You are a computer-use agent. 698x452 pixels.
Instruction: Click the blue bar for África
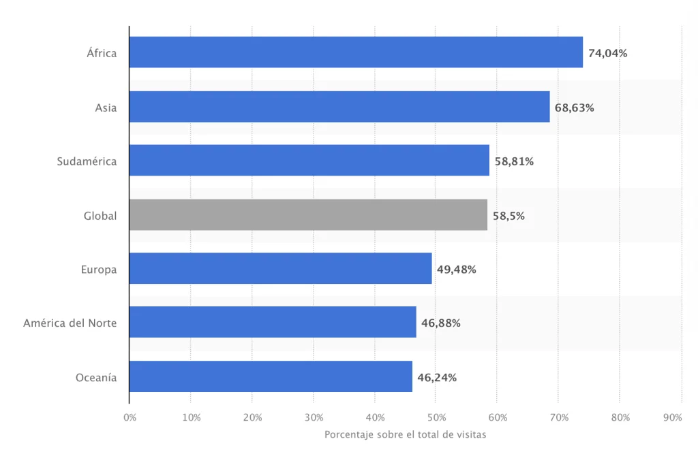356,52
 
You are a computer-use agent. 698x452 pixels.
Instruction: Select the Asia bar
339,107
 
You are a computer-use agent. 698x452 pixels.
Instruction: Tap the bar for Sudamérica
309,160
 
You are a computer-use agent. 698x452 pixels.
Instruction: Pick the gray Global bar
309,214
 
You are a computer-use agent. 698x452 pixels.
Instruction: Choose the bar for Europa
280,268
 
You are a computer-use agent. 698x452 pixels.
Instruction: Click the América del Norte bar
273,322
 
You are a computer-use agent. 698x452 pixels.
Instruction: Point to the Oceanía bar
271,376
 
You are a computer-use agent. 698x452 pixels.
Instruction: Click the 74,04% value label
607,53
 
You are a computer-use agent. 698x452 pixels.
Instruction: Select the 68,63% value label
574,108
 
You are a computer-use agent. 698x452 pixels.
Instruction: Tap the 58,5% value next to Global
509,216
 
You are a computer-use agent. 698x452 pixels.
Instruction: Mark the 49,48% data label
456,270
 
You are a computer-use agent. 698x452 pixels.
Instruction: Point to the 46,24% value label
437,378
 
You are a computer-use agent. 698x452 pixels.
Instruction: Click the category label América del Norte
70,323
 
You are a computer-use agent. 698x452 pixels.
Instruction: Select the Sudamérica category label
87,161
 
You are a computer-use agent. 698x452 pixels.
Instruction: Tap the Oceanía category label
96,378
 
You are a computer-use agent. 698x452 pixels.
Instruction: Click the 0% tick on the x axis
130,418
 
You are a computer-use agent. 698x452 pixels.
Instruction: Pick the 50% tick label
437,418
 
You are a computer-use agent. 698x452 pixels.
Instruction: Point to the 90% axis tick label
673,418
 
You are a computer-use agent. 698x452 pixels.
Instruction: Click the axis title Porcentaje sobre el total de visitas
405,435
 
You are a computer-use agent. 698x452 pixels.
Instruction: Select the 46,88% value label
441,323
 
